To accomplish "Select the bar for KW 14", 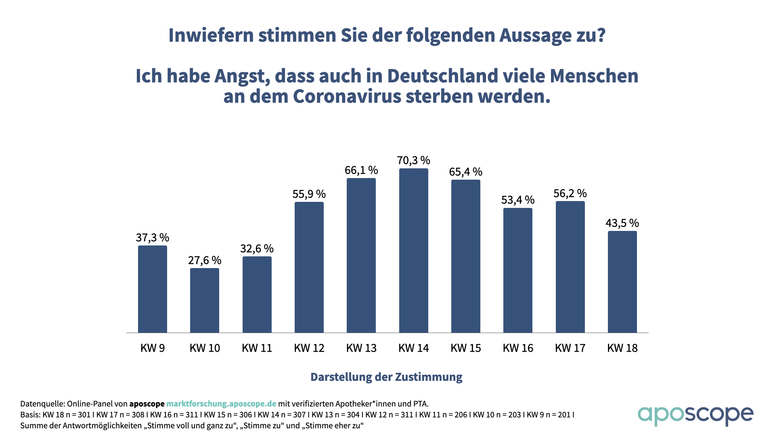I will (413, 250).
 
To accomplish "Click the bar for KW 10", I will (205, 300).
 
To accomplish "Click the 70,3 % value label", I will (413, 160).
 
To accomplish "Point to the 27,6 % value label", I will (205, 260).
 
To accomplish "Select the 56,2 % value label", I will (570, 193).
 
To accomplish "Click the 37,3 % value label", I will (152, 237).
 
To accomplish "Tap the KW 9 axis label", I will (152, 348).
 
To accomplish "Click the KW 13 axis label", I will (361, 348).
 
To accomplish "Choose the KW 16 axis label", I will (518, 348).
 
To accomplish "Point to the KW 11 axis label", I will (257, 348).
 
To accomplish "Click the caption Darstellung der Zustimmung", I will (386, 377).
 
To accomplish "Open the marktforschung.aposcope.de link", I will (221, 404).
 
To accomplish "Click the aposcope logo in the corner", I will (695, 415).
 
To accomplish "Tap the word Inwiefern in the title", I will (210, 35).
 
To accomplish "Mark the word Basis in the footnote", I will (29, 415).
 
